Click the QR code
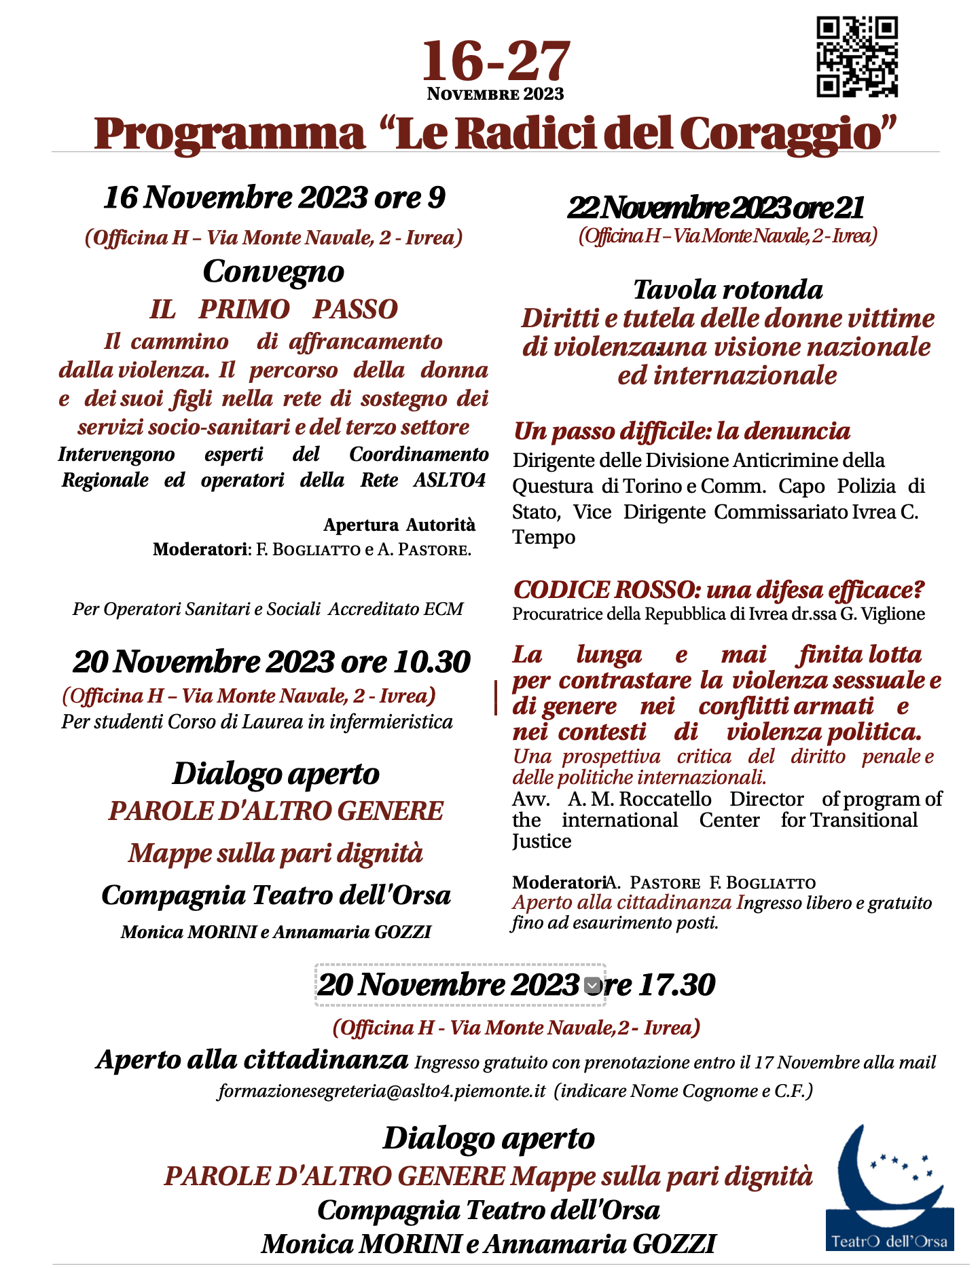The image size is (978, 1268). point(856,57)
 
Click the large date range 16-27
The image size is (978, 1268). point(496,61)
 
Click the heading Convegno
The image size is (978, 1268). point(273,272)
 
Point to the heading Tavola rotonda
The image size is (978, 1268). point(727,290)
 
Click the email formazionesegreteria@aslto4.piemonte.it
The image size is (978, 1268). point(382,1091)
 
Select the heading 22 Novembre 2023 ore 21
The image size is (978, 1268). point(716,208)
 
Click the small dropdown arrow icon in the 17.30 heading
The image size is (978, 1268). point(592,985)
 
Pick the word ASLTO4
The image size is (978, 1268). point(450,480)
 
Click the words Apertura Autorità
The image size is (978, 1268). point(399,525)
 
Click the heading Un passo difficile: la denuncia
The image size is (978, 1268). point(681,431)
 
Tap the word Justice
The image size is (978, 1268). point(541,842)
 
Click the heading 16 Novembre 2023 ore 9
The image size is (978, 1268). point(274,198)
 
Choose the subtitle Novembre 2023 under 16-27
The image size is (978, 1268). point(495,94)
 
